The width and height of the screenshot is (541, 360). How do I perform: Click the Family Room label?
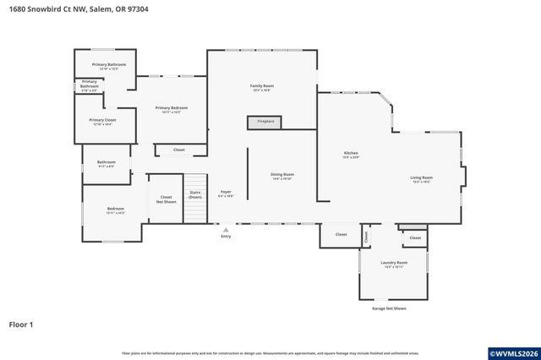261,86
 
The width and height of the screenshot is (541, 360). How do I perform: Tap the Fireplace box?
265,122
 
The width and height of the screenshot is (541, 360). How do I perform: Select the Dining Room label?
281,175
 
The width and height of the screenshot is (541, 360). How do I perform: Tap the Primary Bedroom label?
171,108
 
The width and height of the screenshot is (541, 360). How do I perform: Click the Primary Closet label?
102,121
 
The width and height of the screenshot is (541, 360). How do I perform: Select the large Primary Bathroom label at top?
109,65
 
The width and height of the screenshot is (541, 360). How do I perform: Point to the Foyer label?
226,193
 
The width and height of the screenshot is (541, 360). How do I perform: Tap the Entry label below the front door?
226,236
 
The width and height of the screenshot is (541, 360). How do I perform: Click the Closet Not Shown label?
167,199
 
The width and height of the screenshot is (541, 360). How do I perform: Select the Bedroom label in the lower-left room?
115,210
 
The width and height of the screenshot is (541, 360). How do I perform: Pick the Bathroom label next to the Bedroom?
106,163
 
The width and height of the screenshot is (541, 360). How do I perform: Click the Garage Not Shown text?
389,308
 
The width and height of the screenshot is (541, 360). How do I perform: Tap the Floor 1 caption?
21,325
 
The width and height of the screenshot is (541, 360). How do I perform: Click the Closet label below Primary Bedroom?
178,150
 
